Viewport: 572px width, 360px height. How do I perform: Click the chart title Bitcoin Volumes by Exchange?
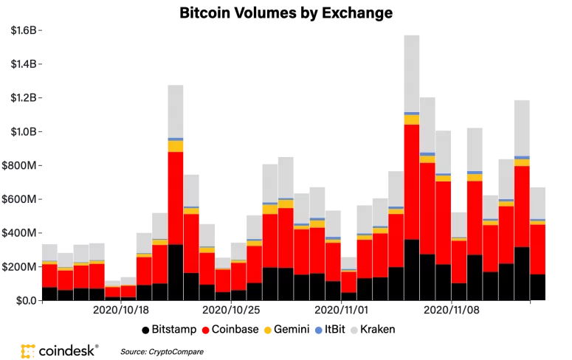286,13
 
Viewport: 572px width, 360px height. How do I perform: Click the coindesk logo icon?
29,351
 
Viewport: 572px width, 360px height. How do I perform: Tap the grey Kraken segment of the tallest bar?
412,74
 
